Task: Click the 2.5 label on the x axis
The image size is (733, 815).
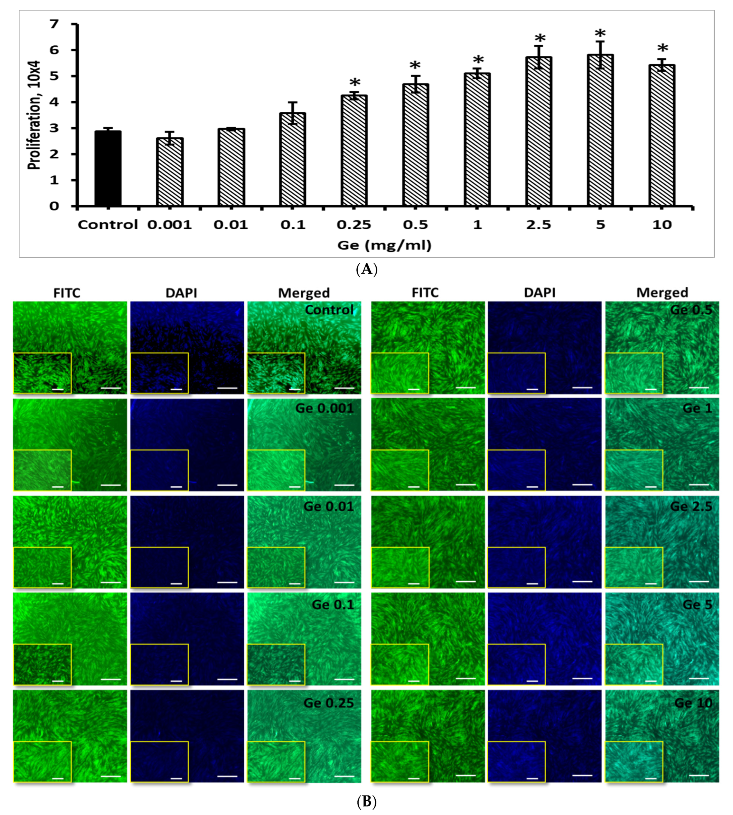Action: click(x=538, y=225)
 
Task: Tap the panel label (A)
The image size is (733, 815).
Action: click(x=366, y=269)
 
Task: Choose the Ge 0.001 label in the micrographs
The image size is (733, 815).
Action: click(x=324, y=408)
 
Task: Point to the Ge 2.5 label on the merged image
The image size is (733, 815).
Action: click(x=691, y=506)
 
